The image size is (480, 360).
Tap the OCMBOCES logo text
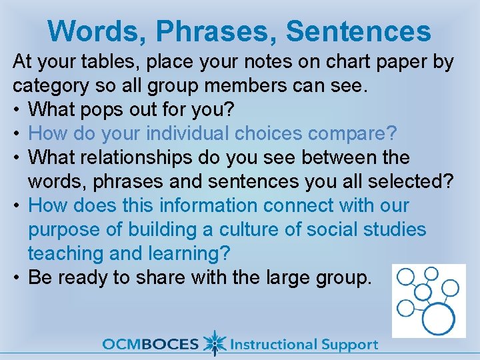pos(150,345)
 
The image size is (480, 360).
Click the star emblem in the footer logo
pos(214,343)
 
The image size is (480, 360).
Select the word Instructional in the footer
pos(273,345)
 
